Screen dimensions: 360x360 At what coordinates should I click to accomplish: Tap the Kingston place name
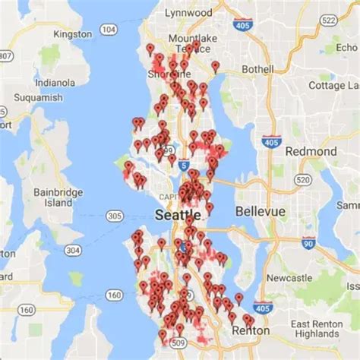(x=73, y=35)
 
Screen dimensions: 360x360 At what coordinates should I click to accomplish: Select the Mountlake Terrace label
(x=193, y=44)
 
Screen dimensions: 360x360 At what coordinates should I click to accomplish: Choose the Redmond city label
(x=310, y=151)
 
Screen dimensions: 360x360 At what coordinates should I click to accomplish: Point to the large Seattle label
(x=178, y=216)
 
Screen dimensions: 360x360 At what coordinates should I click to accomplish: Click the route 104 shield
(x=109, y=29)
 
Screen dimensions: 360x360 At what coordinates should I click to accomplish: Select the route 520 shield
(x=303, y=179)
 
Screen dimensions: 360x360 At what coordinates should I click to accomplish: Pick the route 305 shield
(x=115, y=216)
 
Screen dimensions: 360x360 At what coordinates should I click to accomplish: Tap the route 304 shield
(x=73, y=250)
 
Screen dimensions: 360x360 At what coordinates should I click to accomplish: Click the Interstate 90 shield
(x=308, y=243)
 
